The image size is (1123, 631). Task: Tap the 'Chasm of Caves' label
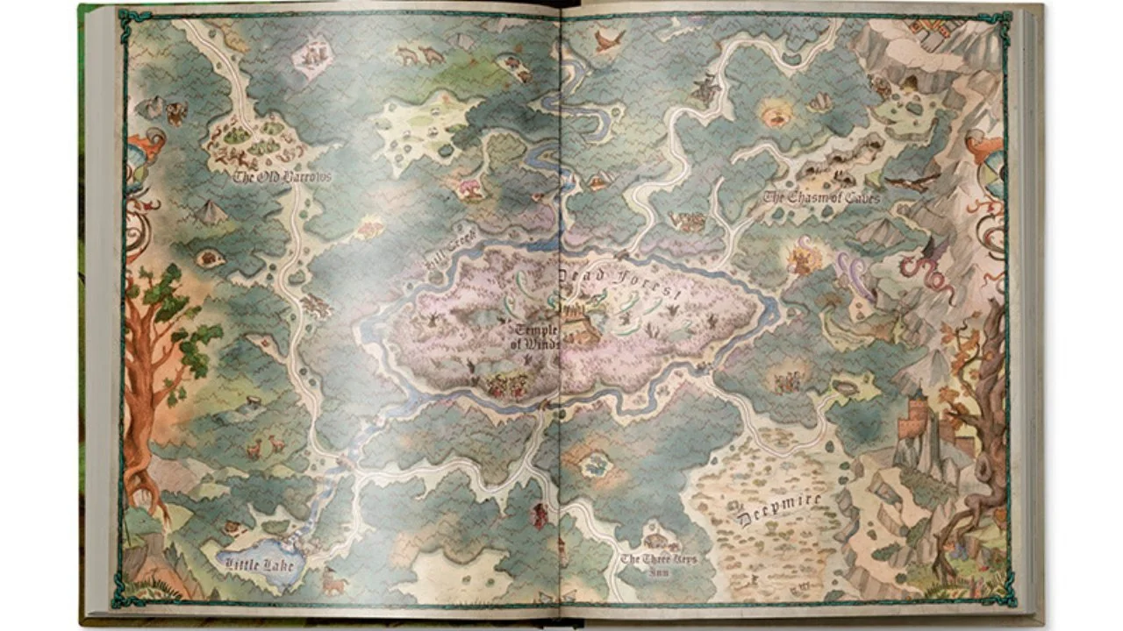[821, 198]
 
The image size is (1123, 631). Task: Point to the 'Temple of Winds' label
[537, 337]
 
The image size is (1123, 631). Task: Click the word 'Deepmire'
[780, 509]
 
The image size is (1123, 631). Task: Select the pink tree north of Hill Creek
[470, 188]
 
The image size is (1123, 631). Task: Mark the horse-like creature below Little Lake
[333, 580]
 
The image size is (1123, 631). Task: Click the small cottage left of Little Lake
[232, 528]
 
